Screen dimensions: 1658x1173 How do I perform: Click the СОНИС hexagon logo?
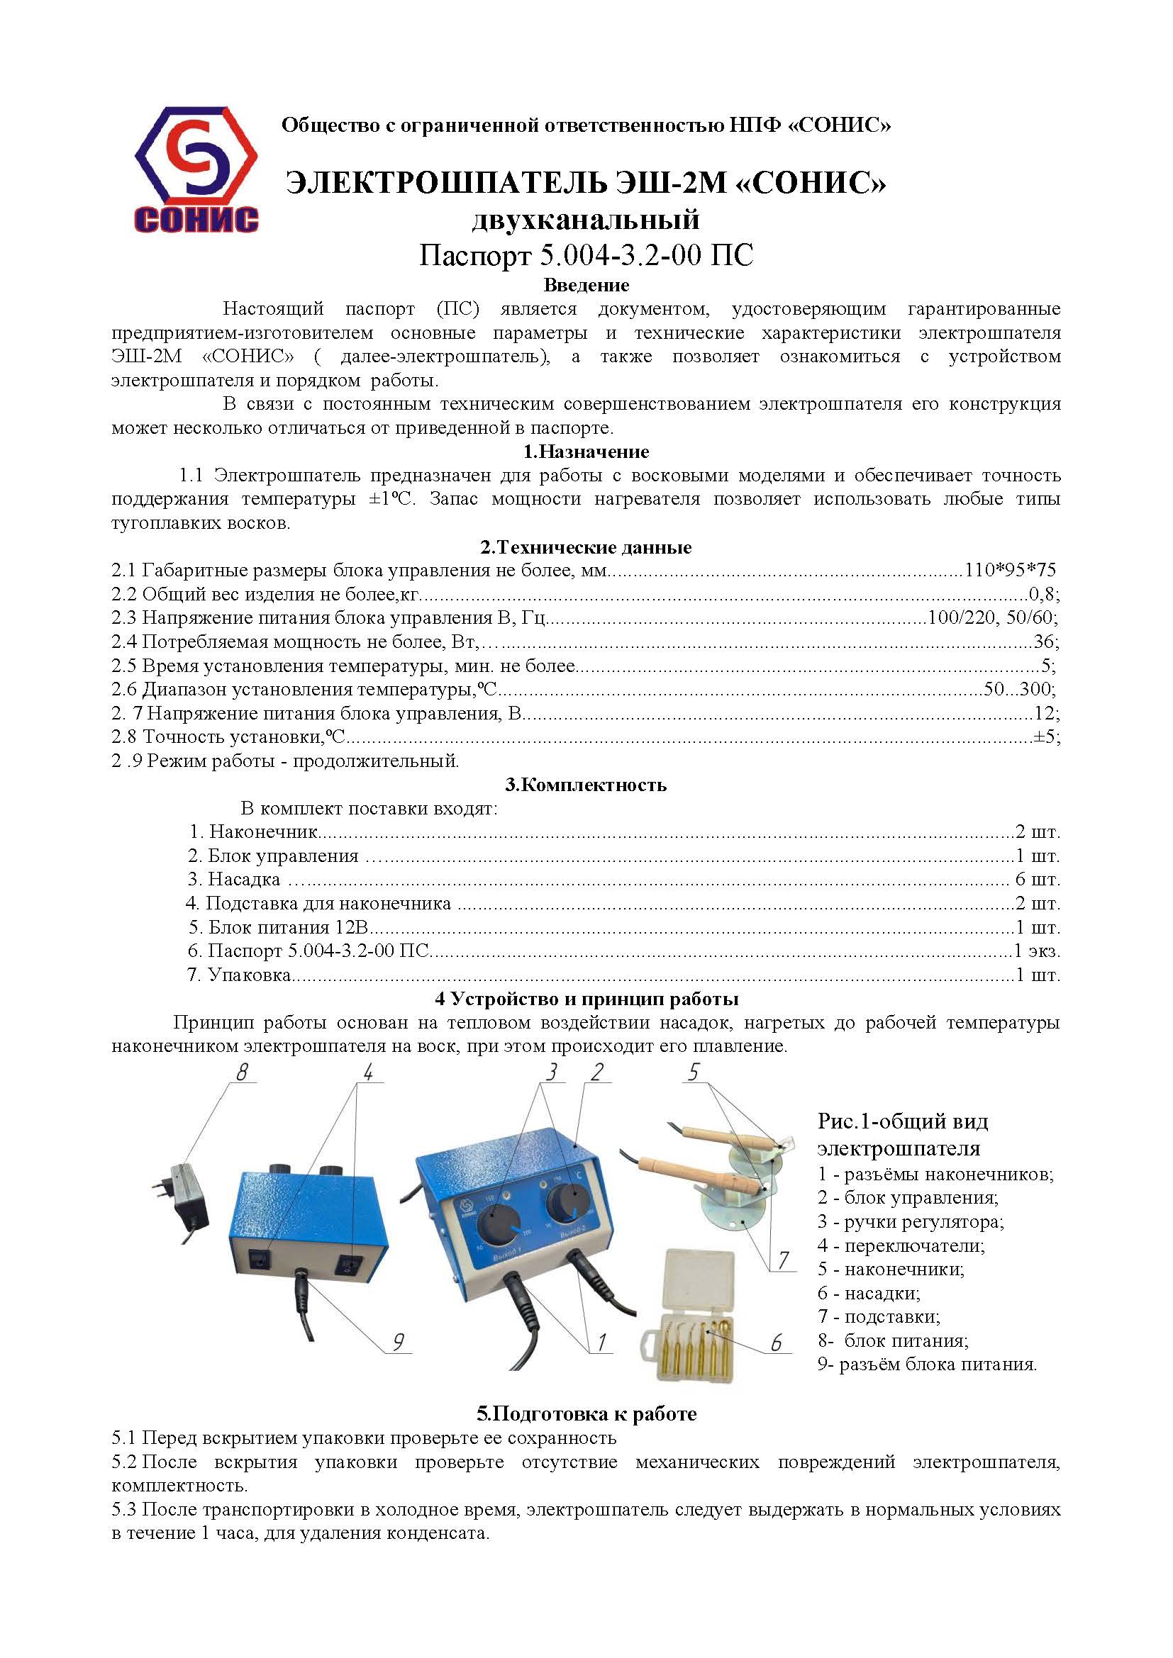tap(196, 169)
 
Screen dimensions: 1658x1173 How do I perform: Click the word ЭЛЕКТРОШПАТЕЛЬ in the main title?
tap(445, 184)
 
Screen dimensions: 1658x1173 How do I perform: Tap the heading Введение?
tap(586, 284)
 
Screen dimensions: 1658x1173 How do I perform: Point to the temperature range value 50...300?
tap(1018, 689)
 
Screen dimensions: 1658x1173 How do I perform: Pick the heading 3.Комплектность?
tap(586, 784)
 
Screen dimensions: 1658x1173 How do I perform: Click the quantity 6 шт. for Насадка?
tap(1038, 880)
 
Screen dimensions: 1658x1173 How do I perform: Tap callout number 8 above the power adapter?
tap(242, 1072)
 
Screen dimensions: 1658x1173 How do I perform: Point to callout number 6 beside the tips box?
tap(777, 1342)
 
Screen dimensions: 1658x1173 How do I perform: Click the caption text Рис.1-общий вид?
tap(902, 1121)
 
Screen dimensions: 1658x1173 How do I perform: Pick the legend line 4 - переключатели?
tap(901, 1245)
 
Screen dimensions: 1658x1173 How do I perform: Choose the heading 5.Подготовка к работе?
tap(586, 1413)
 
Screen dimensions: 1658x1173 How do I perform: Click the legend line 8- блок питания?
tap(893, 1340)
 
